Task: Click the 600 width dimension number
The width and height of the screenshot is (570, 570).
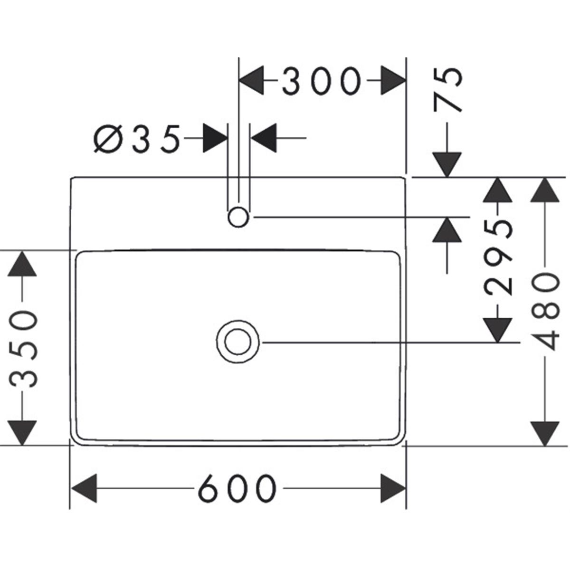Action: [x=237, y=488]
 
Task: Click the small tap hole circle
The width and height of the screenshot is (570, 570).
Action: [x=238, y=218]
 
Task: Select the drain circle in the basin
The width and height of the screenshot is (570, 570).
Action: [x=238, y=342]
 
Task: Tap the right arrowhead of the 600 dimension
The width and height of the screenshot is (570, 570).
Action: [x=393, y=488]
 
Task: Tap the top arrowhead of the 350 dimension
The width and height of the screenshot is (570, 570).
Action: [x=23, y=263]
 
